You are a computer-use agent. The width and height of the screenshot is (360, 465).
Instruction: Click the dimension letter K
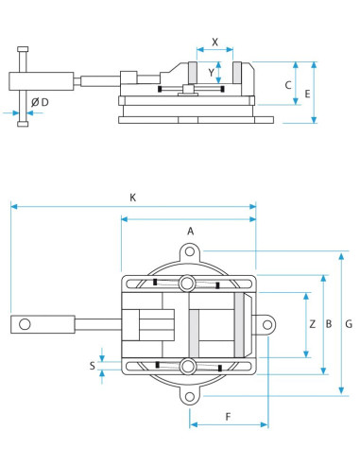coord(133,198)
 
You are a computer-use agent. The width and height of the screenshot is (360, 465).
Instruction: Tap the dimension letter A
coord(191,232)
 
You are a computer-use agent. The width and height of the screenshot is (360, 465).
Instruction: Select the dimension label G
coord(349,324)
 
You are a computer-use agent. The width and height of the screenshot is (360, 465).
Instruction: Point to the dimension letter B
coord(329,324)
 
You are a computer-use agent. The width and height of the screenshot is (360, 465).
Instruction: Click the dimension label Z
coord(312,324)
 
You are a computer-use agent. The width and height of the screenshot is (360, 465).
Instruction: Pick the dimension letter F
coord(229,417)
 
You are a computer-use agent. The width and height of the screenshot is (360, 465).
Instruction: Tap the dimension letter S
coord(92,366)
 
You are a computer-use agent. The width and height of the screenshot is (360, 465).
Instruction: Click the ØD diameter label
coord(40,102)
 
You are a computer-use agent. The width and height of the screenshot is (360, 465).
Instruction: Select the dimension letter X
coord(214,42)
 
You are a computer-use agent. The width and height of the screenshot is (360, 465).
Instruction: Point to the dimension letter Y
coord(211,73)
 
